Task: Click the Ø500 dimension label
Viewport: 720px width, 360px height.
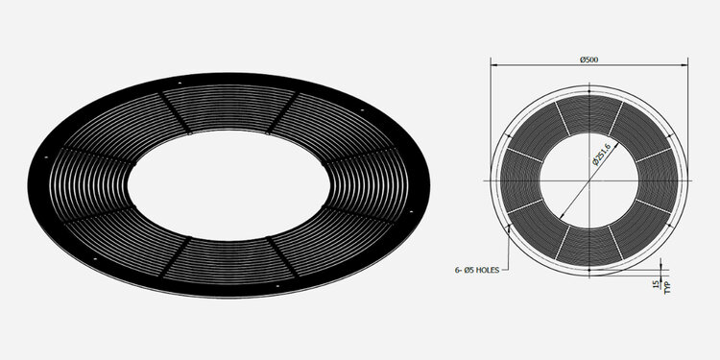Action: [x=588, y=60]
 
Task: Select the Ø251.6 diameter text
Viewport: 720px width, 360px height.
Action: [x=604, y=154]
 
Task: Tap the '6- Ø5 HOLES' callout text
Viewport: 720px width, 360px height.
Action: [x=476, y=271]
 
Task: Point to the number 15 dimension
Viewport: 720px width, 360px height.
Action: [x=656, y=285]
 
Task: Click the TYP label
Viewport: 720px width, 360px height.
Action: [x=667, y=287]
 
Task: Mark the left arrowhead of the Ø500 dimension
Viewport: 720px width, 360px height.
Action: [x=494, y=65]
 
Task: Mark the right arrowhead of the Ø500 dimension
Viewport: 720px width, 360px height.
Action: [x=684, y=65]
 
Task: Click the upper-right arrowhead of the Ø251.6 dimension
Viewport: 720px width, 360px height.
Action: [x=616, y=145]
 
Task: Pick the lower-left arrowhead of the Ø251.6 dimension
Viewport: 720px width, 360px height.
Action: [x=562, y=216]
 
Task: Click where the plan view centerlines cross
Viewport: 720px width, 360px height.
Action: [x=589, y=180]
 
